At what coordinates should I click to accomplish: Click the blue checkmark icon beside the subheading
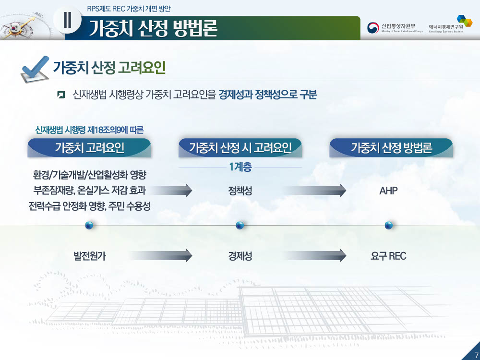[x=34, y=69]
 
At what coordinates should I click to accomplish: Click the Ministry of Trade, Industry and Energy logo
[x=395, y=27]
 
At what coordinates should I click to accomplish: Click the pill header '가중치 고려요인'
[x=89, y=148]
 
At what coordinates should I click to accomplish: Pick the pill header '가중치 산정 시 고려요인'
[x=240, y=148]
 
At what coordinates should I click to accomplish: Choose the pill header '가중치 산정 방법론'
[x=391, y=148]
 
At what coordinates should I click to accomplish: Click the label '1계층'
[x=240, y=167]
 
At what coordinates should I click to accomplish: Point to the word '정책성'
[x=240, y=191]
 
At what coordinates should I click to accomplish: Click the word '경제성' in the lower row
[x=240, y=256]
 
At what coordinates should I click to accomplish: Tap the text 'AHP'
[x=388, y=191]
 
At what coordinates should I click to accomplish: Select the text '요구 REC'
[x=388, y=256]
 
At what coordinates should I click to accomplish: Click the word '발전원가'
[x=89, y=256]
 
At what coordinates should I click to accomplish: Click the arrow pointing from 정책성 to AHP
[x=315, y=191]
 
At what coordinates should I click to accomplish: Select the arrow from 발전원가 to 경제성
[x=161, y=256]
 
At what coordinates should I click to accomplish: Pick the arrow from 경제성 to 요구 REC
[x=315, y=256]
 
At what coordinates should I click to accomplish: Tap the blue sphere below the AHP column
[x=388, y=225]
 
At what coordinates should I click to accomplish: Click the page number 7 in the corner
[x=476, y=356]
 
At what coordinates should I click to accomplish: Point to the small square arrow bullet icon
[x=61, y=95]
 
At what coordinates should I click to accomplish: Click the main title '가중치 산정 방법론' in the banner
[x=153, y=28]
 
